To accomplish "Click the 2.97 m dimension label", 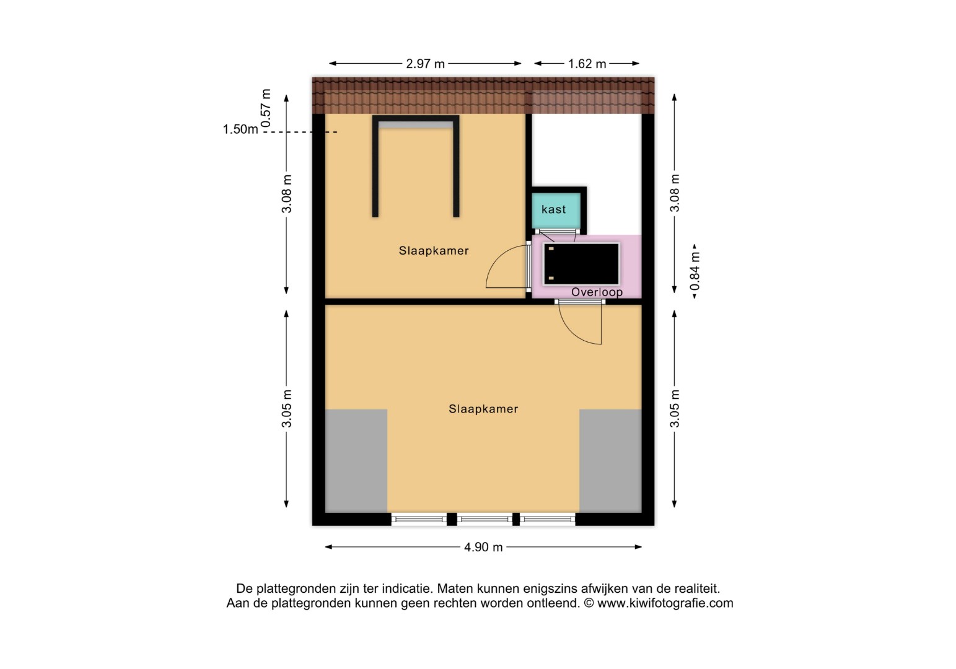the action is (x=425, y=64).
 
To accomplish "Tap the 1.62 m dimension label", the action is (x=587, y=64).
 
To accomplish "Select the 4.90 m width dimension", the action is (x=483, y=547).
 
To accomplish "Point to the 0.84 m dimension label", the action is (x=695, y=271).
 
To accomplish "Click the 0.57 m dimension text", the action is (x=265, y=108).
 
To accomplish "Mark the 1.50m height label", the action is (x=240, y=129).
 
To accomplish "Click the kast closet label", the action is (x=553, y=209).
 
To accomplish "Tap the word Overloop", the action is (x=597, y=292).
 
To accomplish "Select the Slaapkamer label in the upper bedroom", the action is (x=434, y=250).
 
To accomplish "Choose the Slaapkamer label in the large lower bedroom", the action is (x=483, y=409).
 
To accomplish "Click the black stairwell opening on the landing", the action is (x=581, y=264).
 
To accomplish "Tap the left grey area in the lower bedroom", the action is (x=356, y=461).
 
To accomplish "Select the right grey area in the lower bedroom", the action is (x=610, y=461).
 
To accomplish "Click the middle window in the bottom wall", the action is (x=485, y=519).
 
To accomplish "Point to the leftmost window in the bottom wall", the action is (x=419, y=519).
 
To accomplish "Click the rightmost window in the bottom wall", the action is (x=548, y=519).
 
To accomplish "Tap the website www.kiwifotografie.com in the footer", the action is (x=665, y=603).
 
